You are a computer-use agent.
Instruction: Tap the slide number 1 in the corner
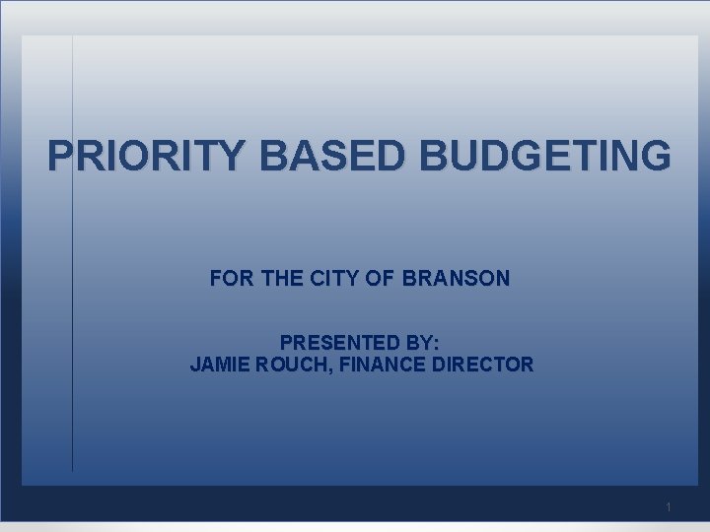pyautogui.click(x=669, y=507)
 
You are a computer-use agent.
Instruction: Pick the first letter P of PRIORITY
pyautogui.click(x=61, y=156)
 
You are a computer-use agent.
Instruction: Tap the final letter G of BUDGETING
pyautogui.click(x=655, y=156)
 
